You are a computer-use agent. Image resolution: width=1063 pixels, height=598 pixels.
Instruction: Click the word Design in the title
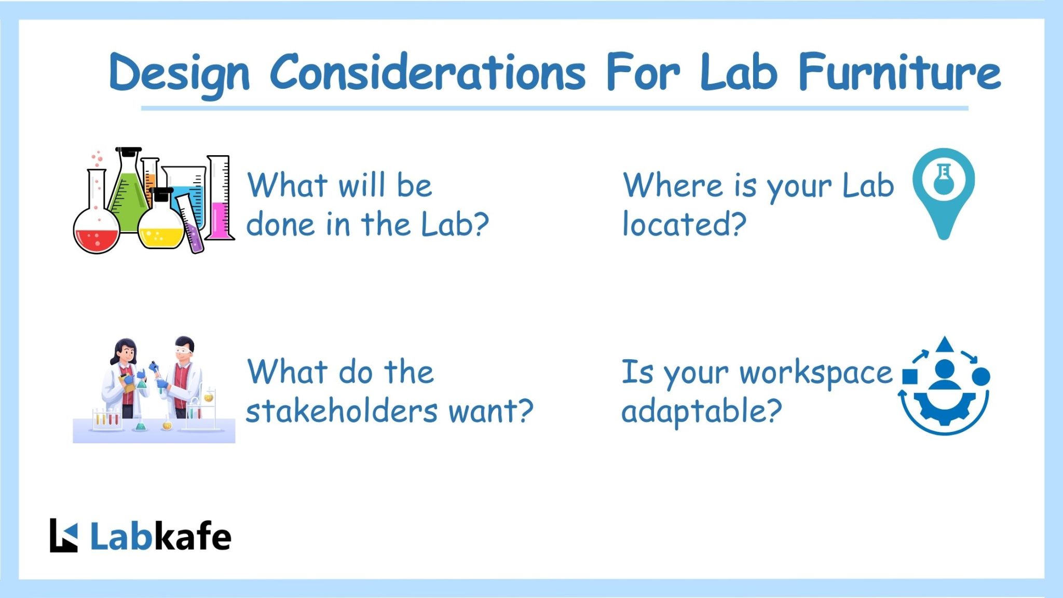[179, 73]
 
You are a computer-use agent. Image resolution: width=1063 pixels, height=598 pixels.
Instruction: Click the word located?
[684, 224]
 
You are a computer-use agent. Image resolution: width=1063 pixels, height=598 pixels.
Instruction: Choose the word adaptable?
[701, 411]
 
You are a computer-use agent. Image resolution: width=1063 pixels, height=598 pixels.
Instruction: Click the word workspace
[815, 373]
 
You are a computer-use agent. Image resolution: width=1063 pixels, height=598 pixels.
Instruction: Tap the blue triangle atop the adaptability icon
[945, 345]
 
